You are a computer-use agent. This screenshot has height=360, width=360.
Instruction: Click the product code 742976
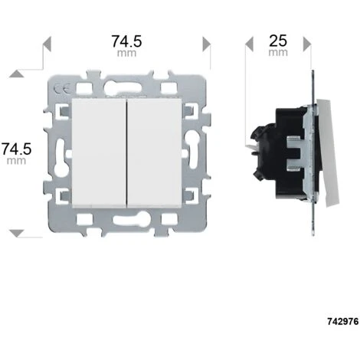343,321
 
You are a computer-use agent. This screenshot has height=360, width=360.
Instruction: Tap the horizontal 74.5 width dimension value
126,41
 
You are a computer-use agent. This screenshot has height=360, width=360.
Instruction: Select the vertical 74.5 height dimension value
17,149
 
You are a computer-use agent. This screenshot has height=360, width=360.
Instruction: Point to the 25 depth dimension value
278,41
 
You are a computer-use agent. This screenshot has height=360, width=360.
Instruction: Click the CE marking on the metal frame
61,90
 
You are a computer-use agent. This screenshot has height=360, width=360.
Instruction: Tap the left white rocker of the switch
99,153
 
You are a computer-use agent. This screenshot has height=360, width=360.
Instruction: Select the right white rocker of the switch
154,153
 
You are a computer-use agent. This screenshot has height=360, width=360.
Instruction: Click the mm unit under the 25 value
278,53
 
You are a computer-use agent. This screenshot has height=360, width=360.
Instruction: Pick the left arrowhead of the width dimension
47,44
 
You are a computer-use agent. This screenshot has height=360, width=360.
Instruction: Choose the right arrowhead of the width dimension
207,44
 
